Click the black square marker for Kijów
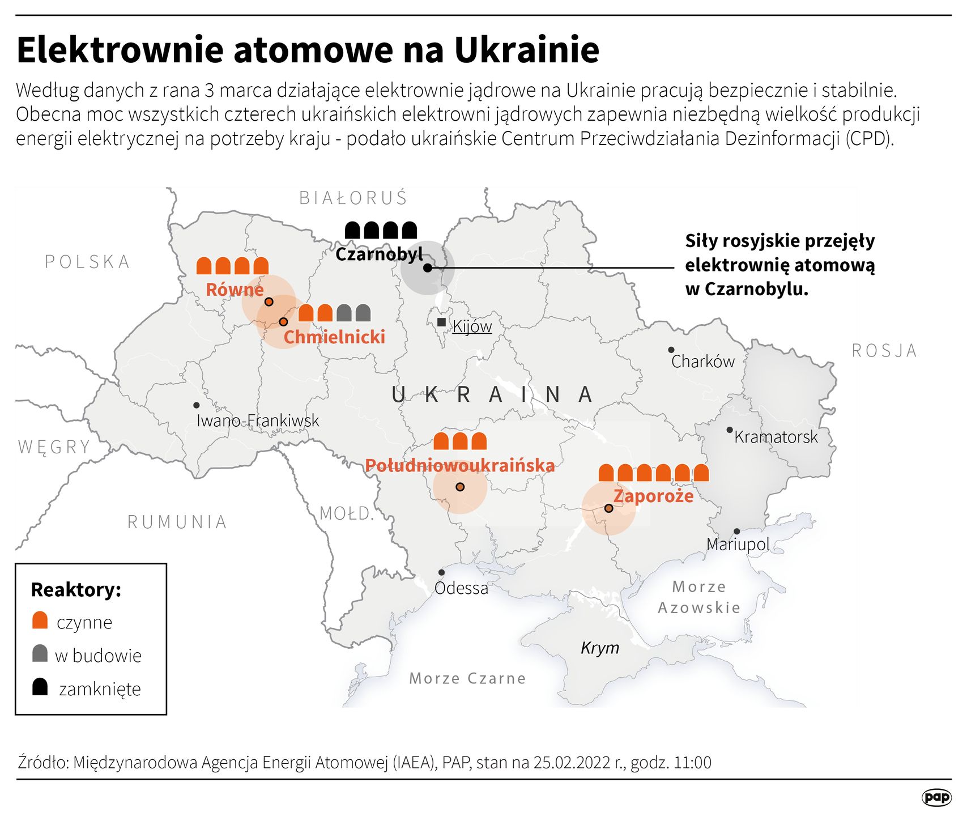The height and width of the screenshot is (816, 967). (x=441, y=322)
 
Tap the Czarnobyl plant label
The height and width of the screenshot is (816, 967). (x=378, y=254)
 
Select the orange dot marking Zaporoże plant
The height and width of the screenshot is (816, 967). (x=608, y=508)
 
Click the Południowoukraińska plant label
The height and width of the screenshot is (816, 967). (x=459, y=466)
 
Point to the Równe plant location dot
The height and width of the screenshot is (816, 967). (x=269, y=301)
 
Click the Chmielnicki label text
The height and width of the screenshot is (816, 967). (x=334, y=337)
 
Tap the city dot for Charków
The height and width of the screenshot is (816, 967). (x=671, y=350)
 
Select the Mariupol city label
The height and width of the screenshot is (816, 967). (x=737, y=545)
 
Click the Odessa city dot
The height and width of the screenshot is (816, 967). (x=441, y=572)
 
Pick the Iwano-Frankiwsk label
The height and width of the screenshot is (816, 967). (x=258, y=420)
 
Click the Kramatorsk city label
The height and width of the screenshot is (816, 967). (x=776, y=437)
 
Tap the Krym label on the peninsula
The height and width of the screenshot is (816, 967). (x=599, y=648)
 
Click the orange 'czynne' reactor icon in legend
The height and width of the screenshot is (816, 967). (x=40, y=620)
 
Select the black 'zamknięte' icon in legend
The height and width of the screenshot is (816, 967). (x=40, y=687)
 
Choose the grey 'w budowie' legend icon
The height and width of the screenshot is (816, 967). (x=40, y=653)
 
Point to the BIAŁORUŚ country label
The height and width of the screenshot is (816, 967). (x=353, y=198)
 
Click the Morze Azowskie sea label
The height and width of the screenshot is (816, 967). (x=698, y=597)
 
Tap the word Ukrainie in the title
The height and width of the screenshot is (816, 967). (x=526, y=50)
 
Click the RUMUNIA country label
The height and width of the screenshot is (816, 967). (x=177, y=522)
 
